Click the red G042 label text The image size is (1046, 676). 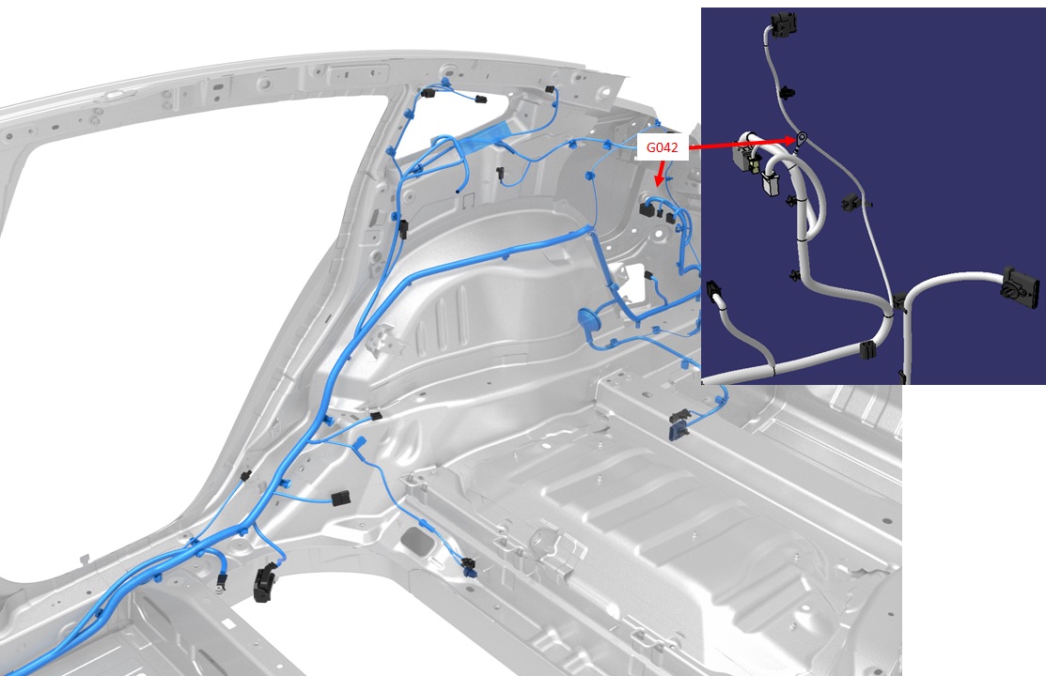click(x=662, y=147)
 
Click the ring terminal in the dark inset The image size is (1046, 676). click(x=801, y=139)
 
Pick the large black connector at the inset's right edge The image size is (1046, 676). click(x=1020, y=285)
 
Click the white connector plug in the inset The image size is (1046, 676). click(x=772, y=185)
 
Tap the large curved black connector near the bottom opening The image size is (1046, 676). click(x=266, y=583)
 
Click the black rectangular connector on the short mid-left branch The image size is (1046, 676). click(x=340, y=499)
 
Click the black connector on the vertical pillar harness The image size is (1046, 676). click(x=403, y=229)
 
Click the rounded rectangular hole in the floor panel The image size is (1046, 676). click(x=420, y=541)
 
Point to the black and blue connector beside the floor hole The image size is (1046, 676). click(x=469, y=566)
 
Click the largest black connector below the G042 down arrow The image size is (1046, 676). click(x=647, y=209)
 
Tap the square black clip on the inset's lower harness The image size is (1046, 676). click(x=867, y=349)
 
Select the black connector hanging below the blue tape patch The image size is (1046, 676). click(x=500, y=173)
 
